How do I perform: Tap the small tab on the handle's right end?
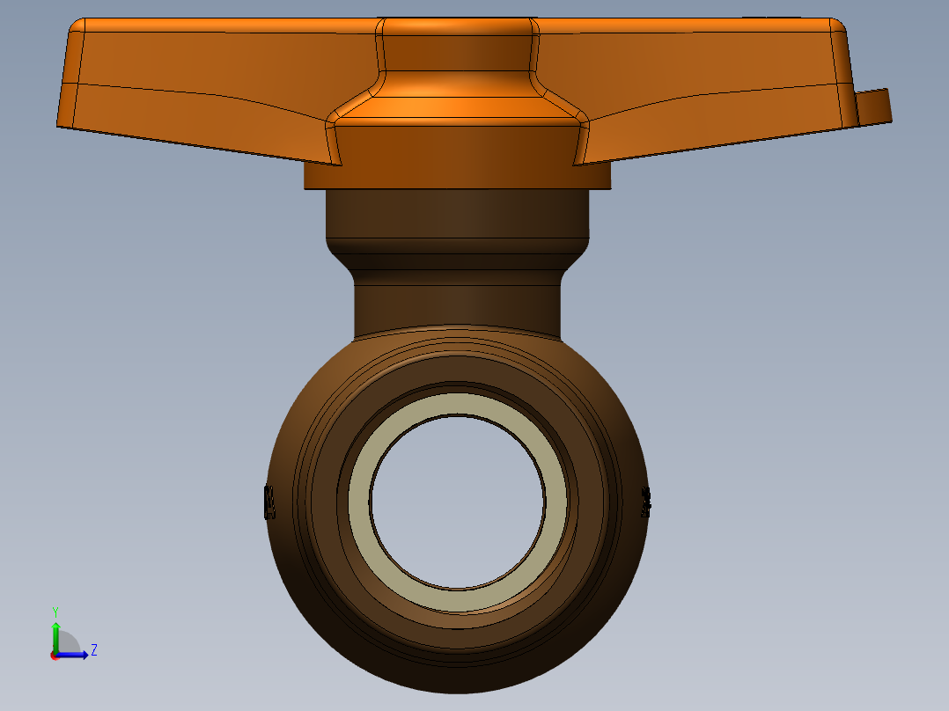[x=873, y=106]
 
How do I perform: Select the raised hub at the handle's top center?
[x=457, y=44]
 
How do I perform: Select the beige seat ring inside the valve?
[x=457, y=598]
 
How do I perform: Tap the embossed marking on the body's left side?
[x=269, y=502]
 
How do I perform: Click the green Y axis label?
[x=55, y=611]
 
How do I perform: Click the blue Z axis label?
[x=93, y=650]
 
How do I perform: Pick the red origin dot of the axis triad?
[x=55, y=655]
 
